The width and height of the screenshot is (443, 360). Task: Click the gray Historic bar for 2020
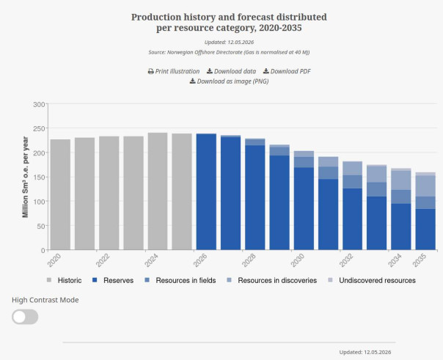(x=60, y=194)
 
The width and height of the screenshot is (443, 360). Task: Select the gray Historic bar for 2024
(x=158, y=191)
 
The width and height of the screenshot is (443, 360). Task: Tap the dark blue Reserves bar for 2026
(x=206, y=191)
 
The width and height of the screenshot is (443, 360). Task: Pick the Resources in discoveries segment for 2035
(x=425, y=186)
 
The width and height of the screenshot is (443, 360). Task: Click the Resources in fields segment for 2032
(x=352, y=182)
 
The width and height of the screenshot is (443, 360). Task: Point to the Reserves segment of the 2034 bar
(x=401, y=227)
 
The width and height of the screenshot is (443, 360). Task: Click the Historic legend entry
(x=64, y=280)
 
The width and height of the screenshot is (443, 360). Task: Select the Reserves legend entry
(x=113, y=280)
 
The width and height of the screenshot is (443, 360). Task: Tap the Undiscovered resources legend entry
(x=372, y=280)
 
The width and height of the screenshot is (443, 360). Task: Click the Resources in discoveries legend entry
(x=271, y=280)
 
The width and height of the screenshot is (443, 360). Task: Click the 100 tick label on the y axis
(x=39, y=202)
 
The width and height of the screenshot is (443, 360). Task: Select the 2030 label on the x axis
(x=298, y=260)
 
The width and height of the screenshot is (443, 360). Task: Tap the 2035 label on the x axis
(x=420, y=260)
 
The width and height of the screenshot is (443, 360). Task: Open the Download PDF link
(x=287, y=71)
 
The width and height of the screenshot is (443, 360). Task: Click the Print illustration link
(x=174, y=71)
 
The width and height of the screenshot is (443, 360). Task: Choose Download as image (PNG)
(x=229, y=81)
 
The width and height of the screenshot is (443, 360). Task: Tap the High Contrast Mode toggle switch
(x=25, y=317)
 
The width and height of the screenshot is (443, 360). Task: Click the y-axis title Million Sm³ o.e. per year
(x=25, y=177)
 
